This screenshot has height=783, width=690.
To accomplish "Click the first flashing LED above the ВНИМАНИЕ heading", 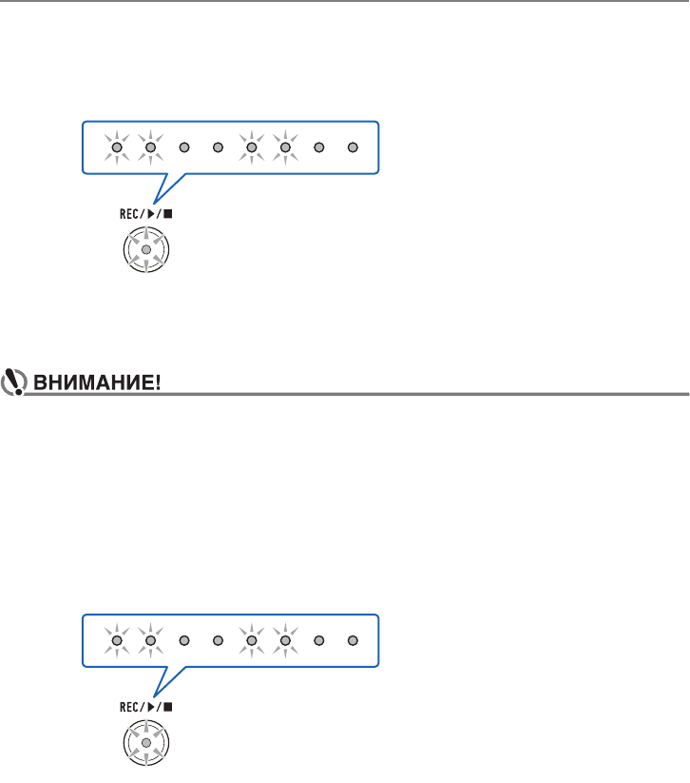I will point(116,147).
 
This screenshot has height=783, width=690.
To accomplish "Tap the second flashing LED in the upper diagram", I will point(149,147).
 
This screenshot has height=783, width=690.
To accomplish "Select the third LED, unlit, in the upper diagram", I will point(184,147).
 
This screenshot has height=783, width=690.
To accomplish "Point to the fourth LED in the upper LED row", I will point(218,147).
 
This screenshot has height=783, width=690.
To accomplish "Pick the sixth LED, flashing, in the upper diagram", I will point(284,147).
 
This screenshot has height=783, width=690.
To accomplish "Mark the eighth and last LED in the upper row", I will point(352,147).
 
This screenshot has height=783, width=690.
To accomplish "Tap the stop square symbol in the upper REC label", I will point(167,214).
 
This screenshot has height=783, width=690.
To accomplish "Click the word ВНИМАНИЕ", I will point(99,384).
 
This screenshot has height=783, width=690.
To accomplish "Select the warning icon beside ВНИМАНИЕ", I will point(16,383).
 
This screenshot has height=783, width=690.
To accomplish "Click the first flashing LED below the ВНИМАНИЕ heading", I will point(116,641).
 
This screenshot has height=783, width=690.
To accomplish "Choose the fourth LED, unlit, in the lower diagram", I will point(218,641).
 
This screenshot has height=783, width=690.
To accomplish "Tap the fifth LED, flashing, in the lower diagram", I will point(251,641).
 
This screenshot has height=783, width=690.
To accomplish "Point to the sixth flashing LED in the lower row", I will point(284,641).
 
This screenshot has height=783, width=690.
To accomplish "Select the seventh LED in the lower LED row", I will point(318,641).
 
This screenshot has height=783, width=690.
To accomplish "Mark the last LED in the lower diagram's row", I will point(352,641).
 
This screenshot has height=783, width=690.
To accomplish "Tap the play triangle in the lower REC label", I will point(151,708).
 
